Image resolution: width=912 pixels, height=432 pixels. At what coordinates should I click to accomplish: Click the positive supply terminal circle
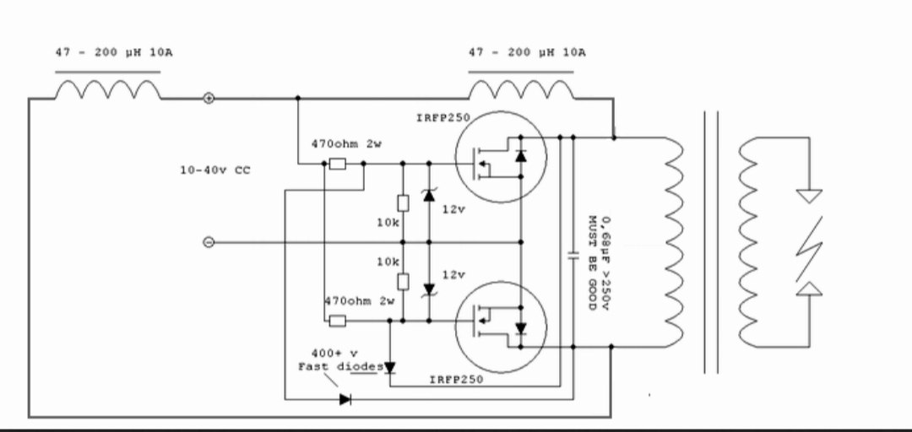(x=209, y=99)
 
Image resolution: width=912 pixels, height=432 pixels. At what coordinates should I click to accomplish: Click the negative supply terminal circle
(x=209, y=242)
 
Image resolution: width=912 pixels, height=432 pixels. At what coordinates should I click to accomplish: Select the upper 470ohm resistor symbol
(x=337, y=164)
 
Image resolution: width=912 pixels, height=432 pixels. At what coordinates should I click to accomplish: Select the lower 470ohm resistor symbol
(x=337, y=321)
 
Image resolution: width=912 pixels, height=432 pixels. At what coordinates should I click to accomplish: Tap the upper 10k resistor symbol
(x=403, y=202)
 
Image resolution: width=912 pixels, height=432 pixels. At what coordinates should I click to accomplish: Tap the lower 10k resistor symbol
(x=403, y=282)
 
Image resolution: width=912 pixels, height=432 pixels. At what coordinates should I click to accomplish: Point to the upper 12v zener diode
(x=429, y=195)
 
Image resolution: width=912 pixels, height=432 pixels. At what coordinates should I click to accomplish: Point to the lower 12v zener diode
(x=429, y=289)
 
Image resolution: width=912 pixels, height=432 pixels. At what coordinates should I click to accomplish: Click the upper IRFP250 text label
(x=442, y=118)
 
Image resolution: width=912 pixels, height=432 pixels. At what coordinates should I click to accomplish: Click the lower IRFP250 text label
(x=456, y=380)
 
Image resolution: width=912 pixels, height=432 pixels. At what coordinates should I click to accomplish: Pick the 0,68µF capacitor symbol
(x=573, y=256)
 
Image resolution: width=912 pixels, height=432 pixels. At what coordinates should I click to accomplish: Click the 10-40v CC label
(x=215, y=170)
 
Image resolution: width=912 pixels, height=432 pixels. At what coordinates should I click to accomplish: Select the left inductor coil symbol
(x=108, y=89)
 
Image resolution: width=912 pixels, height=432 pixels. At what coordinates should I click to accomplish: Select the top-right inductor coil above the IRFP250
(x=522, y=89)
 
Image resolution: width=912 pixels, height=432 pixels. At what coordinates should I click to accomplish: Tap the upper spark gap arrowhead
(x=809, y=196)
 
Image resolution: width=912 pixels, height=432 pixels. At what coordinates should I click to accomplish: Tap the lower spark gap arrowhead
(x=809, y=289)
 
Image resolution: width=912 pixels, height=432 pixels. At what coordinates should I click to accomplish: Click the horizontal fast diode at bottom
(x=345, y=399)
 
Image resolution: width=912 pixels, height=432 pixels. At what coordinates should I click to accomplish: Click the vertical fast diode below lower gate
(x=389, y=368)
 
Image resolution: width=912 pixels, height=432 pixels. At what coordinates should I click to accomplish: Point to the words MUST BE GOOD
(x=592, y=262)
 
